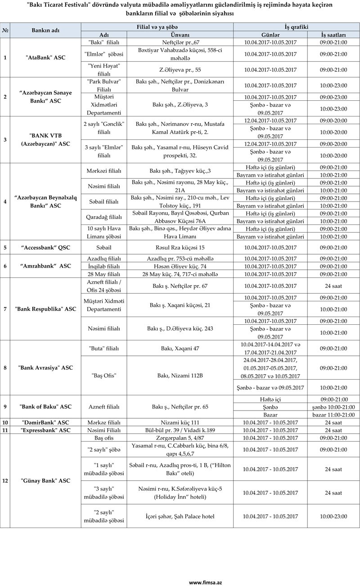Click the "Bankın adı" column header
pyautogui.click(x=45, y=31)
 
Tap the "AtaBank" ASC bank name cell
pyautogui.click(x=45, y=58)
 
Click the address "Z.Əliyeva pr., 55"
pyautogui.click(x=180, y=70)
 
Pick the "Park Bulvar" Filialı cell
pyautogui.click(x=104, y=85)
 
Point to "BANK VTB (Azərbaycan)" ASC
pyautogui.click(x=45, y=140)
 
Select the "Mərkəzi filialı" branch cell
pyautogui.click(x=104, y=171)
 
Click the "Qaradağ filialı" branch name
pyautogui.click(x=104, y=217)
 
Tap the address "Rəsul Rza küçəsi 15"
pyautogui.click(x=180, y=247)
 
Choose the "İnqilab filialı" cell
pyautogui.click(x=104, y=266)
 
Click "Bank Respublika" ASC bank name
pyautogui.click(x=45, y=309)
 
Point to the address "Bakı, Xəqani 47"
pyautogui.click(x=180, y=349)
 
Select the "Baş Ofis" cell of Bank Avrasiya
pyautogui.click(x=104, y=376)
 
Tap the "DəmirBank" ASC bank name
pyautogui.click(x=45, y=422)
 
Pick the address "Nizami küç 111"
pyautogui.click(x=180, y=422)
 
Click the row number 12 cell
pyautogui.click(x=5, y=481)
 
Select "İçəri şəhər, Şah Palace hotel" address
pyautogui.click(x=180, y=516)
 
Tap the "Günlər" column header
pyautogui.click(x=270, y=35)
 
